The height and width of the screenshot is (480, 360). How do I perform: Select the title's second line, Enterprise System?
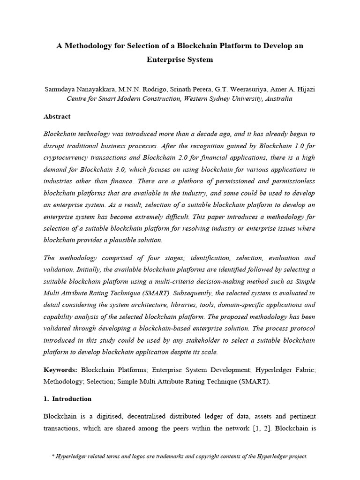pyautogui.click(x=180, y=60)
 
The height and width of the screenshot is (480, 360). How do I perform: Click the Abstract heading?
pyautogui.click(x=57, y=117)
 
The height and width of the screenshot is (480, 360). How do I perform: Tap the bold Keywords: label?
pyautogui.click(x=60, y=370)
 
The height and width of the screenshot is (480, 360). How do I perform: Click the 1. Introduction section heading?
pyautogui.click(x=67, y=399)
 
